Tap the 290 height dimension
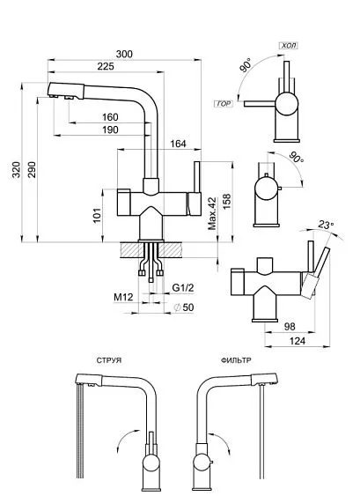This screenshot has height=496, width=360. pos(33,168)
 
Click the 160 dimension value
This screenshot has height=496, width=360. pos(110,117)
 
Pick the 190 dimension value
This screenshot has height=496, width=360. pos(110,130)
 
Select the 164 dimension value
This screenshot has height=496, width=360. pos(177,144)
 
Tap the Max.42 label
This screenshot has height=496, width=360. pos(212,213)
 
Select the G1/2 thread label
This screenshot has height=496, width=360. pos(182,288)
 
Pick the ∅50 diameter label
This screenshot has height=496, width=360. pos(183,306)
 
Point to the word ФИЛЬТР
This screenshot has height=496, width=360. pos(239,360)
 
